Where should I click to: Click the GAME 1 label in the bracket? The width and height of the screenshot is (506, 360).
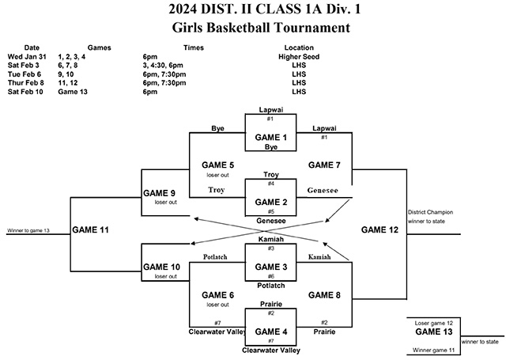tap(271, 136)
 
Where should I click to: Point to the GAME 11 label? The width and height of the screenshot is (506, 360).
tap(93, 229)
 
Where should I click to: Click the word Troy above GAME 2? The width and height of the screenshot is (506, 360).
tap(271, 173)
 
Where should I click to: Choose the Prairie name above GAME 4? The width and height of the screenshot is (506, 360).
tap(271, 302)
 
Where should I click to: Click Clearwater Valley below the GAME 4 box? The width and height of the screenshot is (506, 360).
tap(271, 349)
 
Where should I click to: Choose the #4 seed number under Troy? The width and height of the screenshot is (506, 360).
tap(271, 184)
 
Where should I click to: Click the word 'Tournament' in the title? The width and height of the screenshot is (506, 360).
tap(309, 28)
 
